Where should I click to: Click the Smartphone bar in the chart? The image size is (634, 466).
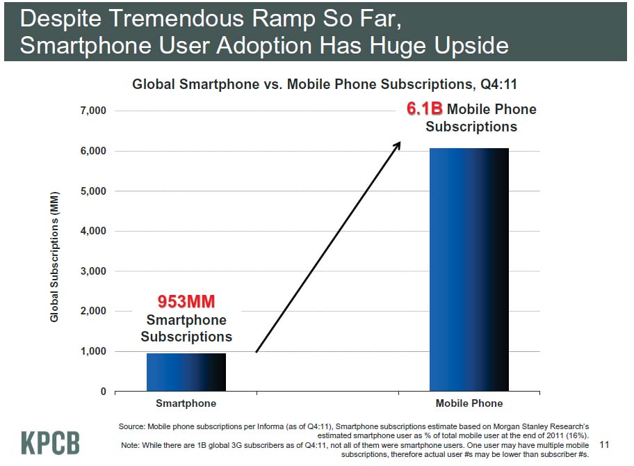click(186, 372)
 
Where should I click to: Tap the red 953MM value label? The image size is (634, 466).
click(186, 302)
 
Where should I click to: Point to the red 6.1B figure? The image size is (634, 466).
click(424, 109)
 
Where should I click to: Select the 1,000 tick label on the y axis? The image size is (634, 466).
click(92, 351)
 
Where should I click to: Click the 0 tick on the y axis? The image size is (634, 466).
click(103, 392)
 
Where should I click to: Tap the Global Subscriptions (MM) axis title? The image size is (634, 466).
click(54, 256)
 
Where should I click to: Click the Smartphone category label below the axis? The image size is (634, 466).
click(186, 403)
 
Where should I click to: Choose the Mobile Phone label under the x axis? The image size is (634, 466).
click(469, 403)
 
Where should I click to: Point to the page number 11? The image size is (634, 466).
click(603, 444)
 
